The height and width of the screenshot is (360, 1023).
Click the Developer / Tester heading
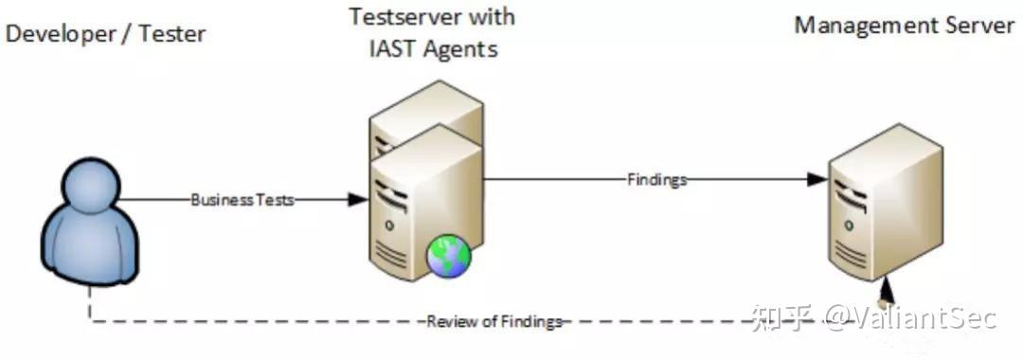tap(105, 34)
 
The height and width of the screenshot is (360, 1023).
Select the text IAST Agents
tap(433, 49)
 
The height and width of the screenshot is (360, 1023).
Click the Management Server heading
tap(904, 26)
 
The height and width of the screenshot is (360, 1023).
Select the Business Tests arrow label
tap(243, 200)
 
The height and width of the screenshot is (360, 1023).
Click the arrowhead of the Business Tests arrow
tap(357, 200)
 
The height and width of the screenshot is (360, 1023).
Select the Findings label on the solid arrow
tap(656, 179)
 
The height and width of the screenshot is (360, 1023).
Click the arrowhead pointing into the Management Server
tap(817, 179)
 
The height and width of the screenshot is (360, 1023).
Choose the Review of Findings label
tap(494, 321)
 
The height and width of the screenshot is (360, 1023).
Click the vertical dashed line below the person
tap(91, 305)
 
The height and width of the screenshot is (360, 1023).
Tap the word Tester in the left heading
tap(171, 34)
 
